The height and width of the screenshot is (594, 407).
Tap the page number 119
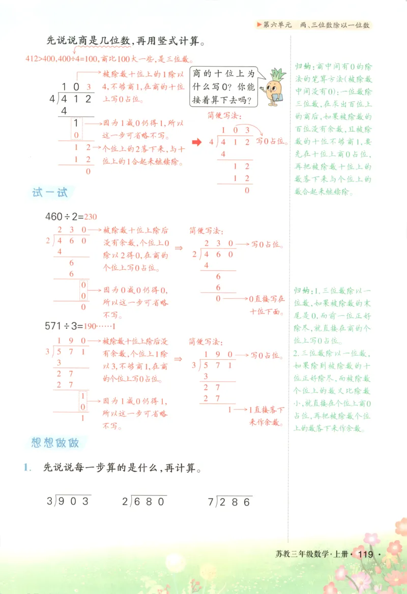point(366,554)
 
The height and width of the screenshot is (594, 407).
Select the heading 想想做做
point(55,442)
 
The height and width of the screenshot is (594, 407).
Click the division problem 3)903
point(69,502)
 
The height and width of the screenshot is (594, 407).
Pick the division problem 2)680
point(144,502)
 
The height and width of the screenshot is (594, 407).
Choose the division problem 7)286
point(230,502)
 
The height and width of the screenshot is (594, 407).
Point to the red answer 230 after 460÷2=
point(91,216)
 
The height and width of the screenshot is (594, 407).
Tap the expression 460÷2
point(63,216)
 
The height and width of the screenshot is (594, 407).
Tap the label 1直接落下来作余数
point(267,415)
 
